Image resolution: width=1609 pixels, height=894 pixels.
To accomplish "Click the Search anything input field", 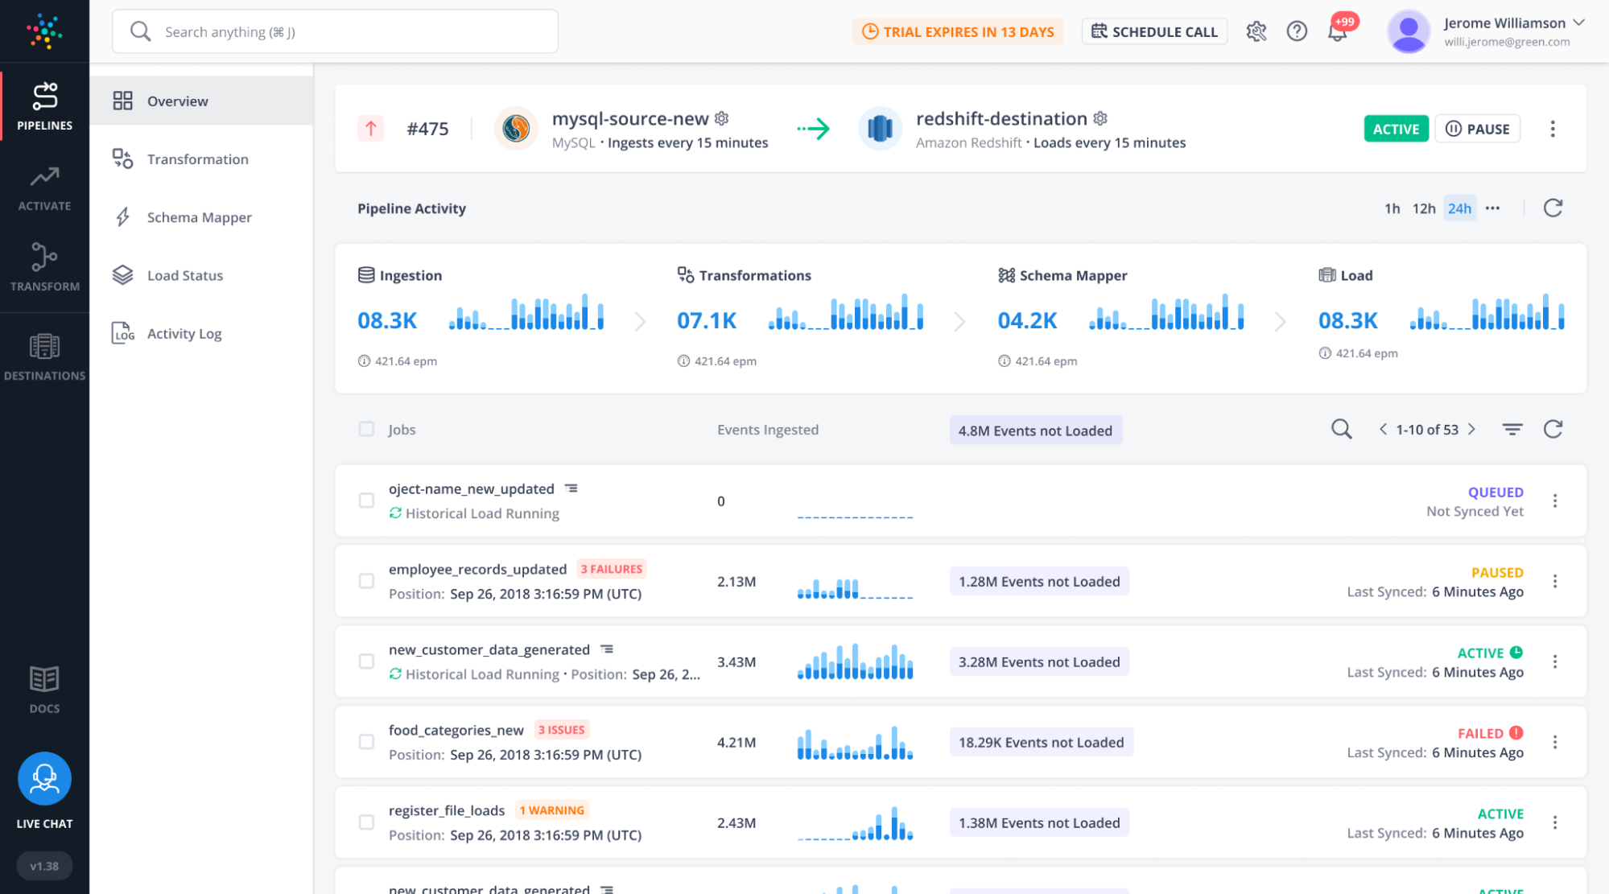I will [346, 32].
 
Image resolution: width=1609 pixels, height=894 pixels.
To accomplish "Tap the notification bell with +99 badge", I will [1337, 32].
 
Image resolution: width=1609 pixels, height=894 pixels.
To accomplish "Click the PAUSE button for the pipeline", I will [1477, 129].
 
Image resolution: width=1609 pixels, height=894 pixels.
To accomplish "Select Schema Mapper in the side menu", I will [199, 217].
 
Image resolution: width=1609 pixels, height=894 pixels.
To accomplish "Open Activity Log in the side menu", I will [184, 333].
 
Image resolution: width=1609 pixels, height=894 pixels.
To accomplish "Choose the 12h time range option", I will [1423, 208].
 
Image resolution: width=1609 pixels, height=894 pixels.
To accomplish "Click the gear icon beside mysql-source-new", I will [722, 118].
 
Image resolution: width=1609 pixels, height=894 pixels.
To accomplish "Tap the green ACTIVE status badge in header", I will [1395, 129].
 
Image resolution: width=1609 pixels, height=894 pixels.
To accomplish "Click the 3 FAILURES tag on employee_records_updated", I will [611, 569].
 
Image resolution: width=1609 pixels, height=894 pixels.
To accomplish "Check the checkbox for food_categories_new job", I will [366, 742].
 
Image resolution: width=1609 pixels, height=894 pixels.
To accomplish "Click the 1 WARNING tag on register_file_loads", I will [551, 810].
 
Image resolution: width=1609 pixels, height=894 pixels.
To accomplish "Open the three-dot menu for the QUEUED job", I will [1554, 501].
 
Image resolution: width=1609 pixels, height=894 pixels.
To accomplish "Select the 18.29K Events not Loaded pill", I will [1041, 742].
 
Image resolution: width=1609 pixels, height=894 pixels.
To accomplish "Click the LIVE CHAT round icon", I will [44, 778].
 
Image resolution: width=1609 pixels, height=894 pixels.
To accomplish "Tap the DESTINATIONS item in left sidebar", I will [44, 356].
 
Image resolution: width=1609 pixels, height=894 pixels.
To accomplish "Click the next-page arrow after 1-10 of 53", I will [1471, 429].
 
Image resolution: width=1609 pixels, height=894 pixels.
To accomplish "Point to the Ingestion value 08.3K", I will [387, 320].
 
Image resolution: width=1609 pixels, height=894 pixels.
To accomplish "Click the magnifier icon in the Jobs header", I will [1341, 429].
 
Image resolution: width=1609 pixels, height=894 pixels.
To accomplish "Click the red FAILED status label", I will [1479, 733].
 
